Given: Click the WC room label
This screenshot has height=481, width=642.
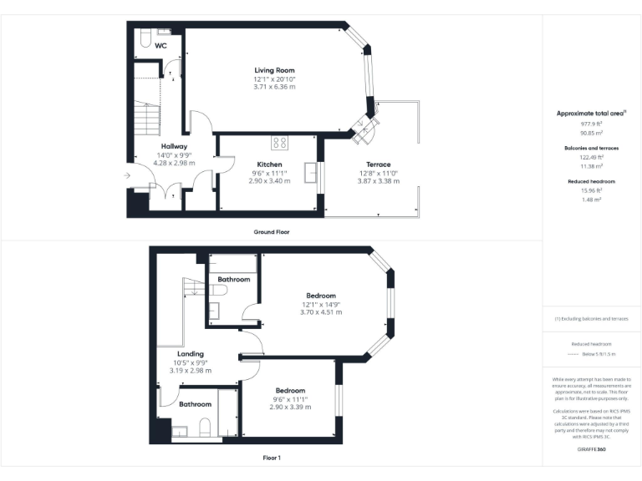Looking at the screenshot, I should (160, 47).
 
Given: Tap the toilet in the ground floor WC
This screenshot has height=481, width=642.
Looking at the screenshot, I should (145, 37).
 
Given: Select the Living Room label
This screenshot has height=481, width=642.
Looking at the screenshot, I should (274, 70).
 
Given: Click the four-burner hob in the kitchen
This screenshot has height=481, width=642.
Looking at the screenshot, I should (279, 142).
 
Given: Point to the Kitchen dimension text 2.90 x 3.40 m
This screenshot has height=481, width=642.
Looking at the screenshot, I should (269, 180).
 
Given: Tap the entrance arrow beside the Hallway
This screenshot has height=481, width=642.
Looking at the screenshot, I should (126, 175).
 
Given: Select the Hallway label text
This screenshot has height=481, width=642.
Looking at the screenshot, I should (174, 146).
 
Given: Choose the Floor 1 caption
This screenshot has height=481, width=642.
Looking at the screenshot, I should (271, 458).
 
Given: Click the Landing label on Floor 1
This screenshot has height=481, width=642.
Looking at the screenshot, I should (191, 354).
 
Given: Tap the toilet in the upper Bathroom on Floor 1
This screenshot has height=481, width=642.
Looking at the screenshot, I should (221, 290).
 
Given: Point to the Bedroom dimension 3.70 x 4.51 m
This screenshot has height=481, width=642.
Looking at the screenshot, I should (321, 312).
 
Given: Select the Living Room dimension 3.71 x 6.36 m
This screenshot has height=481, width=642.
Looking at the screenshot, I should (274, 87).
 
